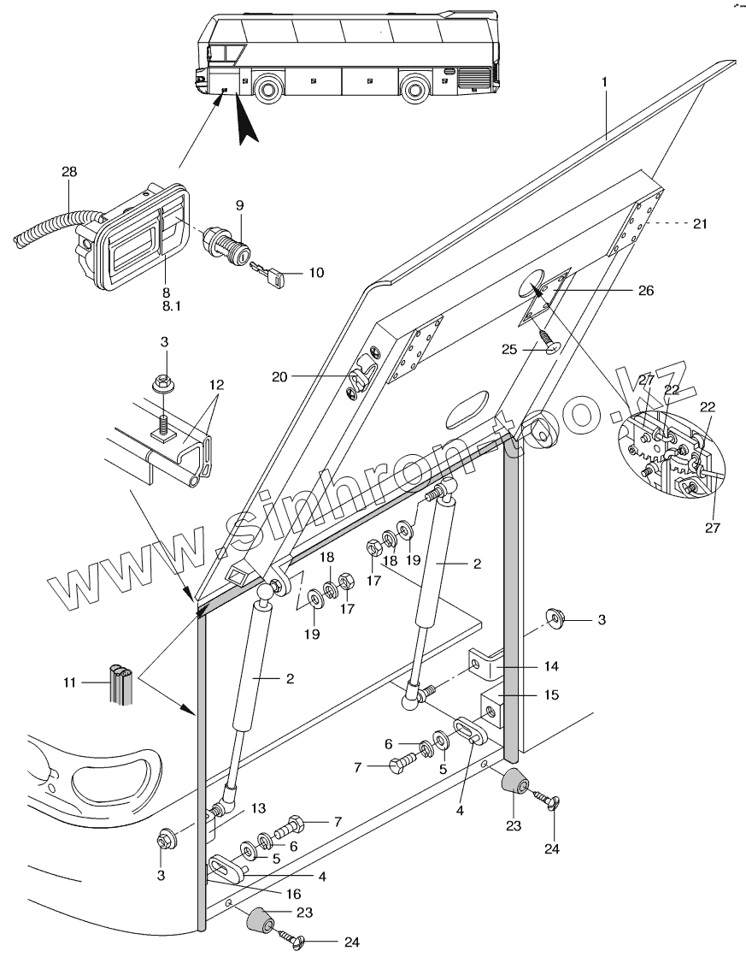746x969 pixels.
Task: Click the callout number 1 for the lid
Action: [x=604, y=83]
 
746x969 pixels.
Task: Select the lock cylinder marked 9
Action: [x=225, y=248]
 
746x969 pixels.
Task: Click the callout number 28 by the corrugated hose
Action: [x=69, y=172]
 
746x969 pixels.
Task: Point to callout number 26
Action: [x=646, y=291]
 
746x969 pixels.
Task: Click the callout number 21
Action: [x=701, y=223]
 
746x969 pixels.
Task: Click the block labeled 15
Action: [x=493, y=706]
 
